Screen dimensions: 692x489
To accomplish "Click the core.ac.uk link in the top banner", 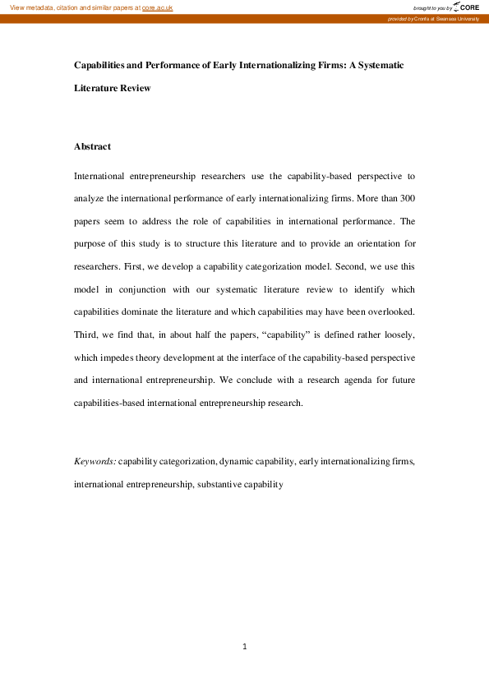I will pos(158,7).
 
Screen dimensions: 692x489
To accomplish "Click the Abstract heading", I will pos(92,146).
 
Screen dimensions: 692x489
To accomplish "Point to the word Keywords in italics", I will pos(95,462).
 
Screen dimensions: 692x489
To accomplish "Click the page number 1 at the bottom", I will pos(245,647).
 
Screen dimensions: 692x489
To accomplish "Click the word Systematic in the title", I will pos(377,64).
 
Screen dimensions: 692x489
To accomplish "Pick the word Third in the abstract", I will pos(86,335).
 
